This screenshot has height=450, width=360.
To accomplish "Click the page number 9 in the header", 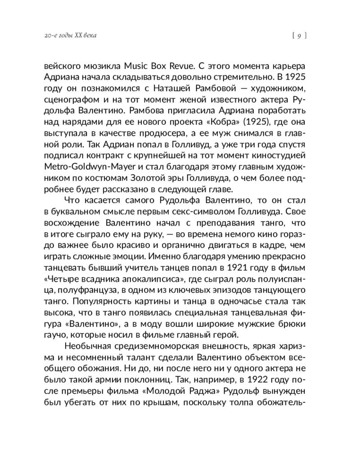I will (299, 36).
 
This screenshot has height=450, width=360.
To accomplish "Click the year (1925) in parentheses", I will (249, 121).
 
